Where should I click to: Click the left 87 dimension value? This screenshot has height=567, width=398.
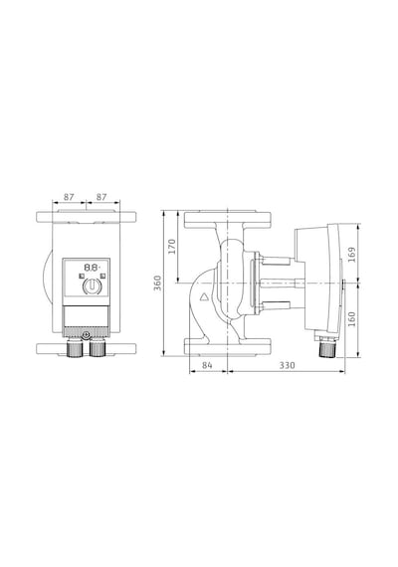click(69, 197)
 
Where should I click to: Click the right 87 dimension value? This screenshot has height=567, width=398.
click(101, 197)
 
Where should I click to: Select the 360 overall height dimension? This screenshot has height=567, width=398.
click(158, 283)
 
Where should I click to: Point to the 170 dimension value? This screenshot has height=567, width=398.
click(172, 246)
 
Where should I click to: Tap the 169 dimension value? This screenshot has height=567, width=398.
click(351, 255)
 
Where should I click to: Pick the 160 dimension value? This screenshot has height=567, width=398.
click(351, 319)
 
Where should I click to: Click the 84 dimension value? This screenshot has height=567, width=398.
click(207, 365)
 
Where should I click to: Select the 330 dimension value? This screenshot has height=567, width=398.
click(287, 365)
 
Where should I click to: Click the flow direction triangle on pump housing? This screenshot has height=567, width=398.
click(204, 297)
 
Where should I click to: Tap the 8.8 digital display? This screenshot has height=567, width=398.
click(92, 268)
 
